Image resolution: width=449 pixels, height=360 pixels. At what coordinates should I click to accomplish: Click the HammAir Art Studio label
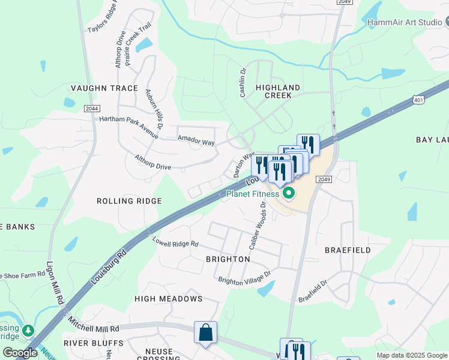[405, 22]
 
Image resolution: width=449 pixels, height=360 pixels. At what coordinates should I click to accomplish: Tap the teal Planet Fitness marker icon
[288, 193]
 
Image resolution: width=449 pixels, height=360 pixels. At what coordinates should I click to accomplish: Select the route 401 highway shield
[418, 101]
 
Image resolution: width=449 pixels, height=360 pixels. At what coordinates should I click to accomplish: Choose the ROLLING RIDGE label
[129, 201]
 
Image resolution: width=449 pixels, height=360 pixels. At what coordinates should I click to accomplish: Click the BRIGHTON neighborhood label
[228, 259]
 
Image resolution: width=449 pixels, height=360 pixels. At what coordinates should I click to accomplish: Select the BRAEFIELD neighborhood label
[348, 250]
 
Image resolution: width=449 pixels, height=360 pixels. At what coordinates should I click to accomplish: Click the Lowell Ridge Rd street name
[175, 243]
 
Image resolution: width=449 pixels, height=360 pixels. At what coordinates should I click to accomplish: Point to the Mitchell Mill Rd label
[93, 325]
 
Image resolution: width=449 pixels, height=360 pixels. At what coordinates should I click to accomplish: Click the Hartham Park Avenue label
[128, 123]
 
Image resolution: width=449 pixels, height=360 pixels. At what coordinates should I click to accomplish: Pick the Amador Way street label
[196, 141]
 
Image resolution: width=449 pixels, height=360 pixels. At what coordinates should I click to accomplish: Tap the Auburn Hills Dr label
[154, 109]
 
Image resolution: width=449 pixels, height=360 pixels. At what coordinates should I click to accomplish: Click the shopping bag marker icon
[205, 332]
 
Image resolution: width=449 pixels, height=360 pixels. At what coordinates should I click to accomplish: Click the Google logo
[20, 353]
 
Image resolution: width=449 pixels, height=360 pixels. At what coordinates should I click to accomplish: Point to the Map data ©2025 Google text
[411, 355]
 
